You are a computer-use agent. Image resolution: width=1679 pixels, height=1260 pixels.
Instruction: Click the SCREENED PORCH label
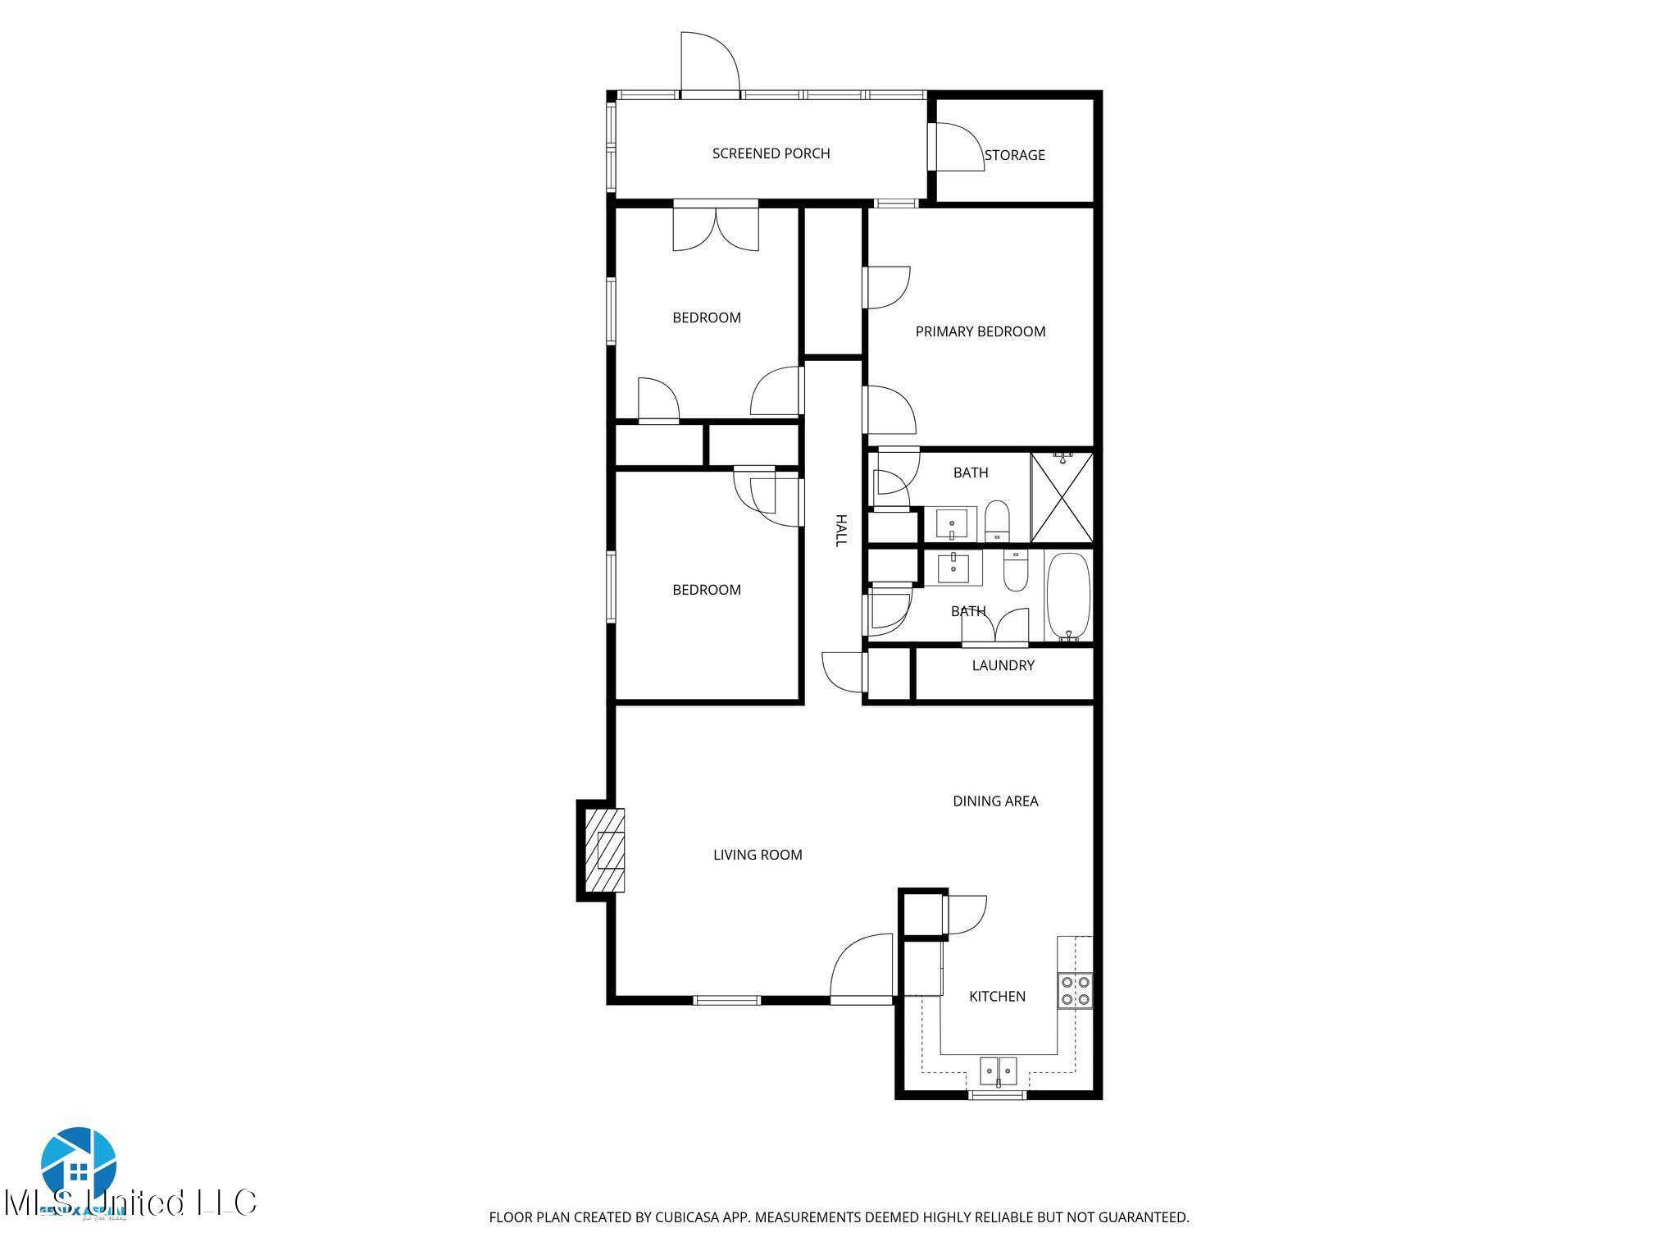click(771, 153)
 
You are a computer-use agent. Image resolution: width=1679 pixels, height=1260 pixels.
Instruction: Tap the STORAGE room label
click(1014, 155)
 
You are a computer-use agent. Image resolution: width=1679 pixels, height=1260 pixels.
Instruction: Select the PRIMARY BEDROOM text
click(980, 331)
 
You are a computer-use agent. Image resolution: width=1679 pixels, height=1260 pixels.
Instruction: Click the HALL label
click(840, 531)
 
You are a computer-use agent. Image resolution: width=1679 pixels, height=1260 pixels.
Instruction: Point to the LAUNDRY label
click(1003, 665)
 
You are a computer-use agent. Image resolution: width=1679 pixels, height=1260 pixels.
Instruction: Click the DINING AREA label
click(994, 801)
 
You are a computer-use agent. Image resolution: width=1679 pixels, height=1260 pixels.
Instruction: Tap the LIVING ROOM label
click(757, 855)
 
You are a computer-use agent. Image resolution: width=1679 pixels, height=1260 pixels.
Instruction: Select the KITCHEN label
click(997, 996)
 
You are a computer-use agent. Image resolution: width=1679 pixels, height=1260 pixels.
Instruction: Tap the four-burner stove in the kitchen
click(1074, 989)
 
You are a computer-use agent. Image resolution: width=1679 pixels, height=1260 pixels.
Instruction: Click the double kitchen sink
click(998, 1071)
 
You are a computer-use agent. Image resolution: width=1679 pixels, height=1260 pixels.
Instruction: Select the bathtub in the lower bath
click(1067, 596)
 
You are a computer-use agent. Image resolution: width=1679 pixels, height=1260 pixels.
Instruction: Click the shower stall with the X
click(1062, 497)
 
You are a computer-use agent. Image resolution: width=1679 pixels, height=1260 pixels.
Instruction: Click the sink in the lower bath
click(953, 566)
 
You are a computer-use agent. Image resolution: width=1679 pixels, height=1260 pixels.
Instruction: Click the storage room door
click(957, 148)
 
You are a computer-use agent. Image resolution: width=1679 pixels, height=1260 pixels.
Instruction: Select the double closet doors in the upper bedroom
click(716, 230)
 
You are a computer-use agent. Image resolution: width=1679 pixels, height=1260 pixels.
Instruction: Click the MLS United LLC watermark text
click(131, 1203)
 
